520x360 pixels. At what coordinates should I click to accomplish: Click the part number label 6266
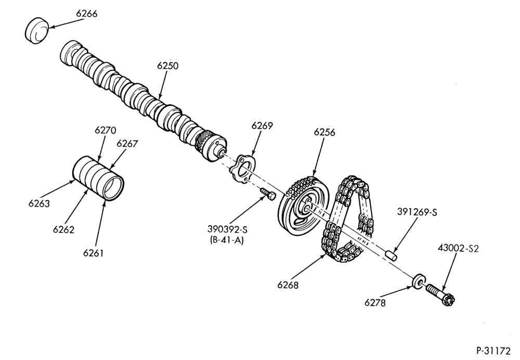pyautogui.click(x=86, y=14)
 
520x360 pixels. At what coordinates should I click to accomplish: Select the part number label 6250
pyautogui.click(x=167, y=66)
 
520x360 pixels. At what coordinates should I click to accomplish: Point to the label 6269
pyautogui.click(x=262, y=126)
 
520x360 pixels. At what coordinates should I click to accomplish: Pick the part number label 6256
pyautogui.click(x=324, y=132)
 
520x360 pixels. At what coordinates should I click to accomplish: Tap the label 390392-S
pyautogui.click(x=227, y=229)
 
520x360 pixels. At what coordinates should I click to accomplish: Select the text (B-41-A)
pyautogui.click(x=227, y=240)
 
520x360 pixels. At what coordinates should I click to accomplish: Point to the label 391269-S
pyautogui.click(x=417, y=212)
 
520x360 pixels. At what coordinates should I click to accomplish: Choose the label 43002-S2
pyautogui.click(x=458, y=248)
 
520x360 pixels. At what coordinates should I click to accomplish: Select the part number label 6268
pyautogui.click(x=288, y=285)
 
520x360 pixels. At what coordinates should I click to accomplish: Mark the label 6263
pyautogui.click(x=39, y=203)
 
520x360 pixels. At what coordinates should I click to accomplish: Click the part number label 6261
pyautogui.click(x=93, y=253)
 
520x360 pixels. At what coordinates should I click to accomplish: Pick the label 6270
pyautogui.click(x=105, y=130)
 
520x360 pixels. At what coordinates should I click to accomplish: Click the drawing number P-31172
pyautogui.click(x=493, y=351)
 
